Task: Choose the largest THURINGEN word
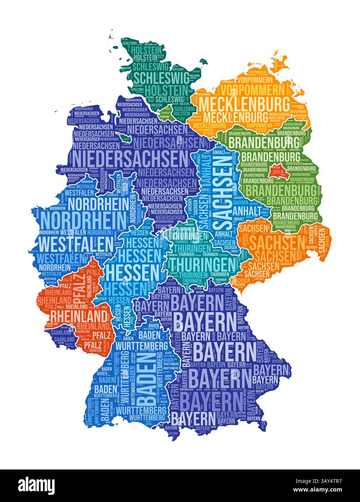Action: [x=203, y=264]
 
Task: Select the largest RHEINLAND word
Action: [x=78, y=316]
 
